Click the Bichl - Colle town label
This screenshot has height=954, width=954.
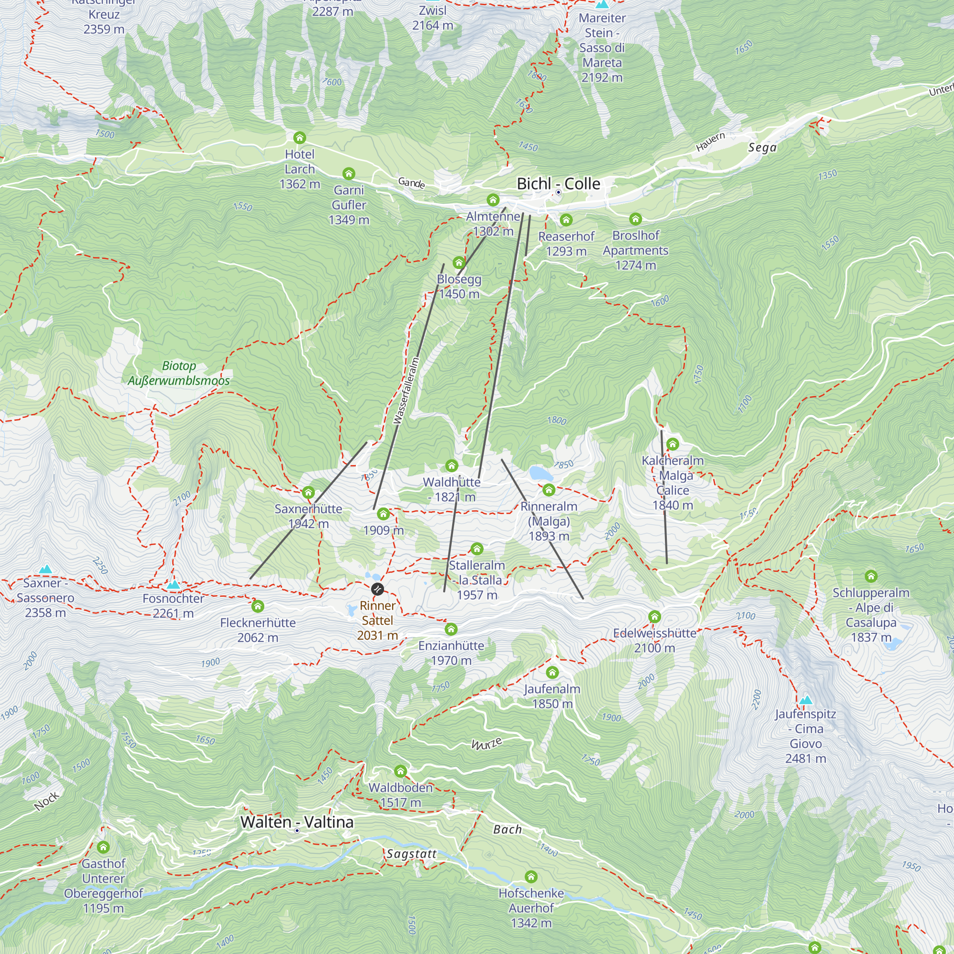point(558,184)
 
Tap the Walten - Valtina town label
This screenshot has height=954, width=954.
point(297,822)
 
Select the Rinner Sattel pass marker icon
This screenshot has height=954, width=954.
point(377,589)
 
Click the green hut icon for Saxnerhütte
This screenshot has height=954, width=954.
point(308,492)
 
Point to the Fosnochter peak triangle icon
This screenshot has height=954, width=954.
point(173,585)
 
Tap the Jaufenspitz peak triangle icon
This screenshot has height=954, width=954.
point(805,700)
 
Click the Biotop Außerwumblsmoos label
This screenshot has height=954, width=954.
point(179,373)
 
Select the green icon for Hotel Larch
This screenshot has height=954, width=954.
point(299,138)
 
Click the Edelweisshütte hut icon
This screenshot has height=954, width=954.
point(654,616)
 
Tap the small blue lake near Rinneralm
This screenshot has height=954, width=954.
point(541,474)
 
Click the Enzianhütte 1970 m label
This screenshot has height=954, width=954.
point(451,653)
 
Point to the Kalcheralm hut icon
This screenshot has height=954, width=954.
point(673,444)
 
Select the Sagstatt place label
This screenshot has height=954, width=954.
point(411,854)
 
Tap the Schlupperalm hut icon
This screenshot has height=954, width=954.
point(871,576)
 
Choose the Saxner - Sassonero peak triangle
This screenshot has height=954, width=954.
point(45,569)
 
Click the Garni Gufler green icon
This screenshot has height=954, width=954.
point(349,173)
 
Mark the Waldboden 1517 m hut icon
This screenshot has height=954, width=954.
point(401,771)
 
